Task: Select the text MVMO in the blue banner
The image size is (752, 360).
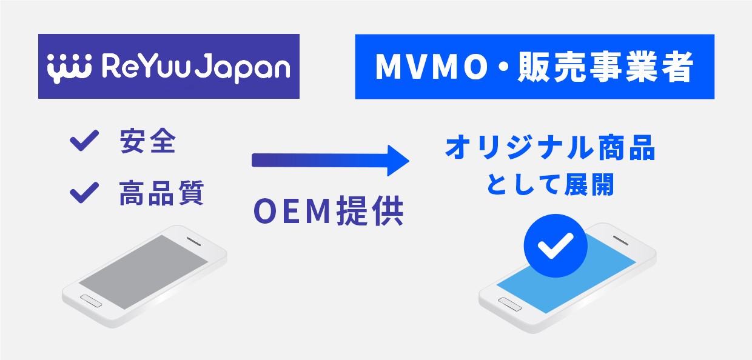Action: click(x=424, y=67)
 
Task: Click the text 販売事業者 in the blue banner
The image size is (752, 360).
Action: click(x=605, y=67)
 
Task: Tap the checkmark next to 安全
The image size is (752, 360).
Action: click(x=84, y=142)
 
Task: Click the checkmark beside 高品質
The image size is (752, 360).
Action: click(x=84, y=193)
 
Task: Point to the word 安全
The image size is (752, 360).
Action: click(x=148, y=142)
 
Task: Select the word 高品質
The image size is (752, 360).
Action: click(x=161, y=194)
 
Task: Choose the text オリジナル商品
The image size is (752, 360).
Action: click(x=550, y=149)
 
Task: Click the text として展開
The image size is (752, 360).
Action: click(x=550, y=184)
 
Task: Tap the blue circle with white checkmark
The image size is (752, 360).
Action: click(x=556, y=246)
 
